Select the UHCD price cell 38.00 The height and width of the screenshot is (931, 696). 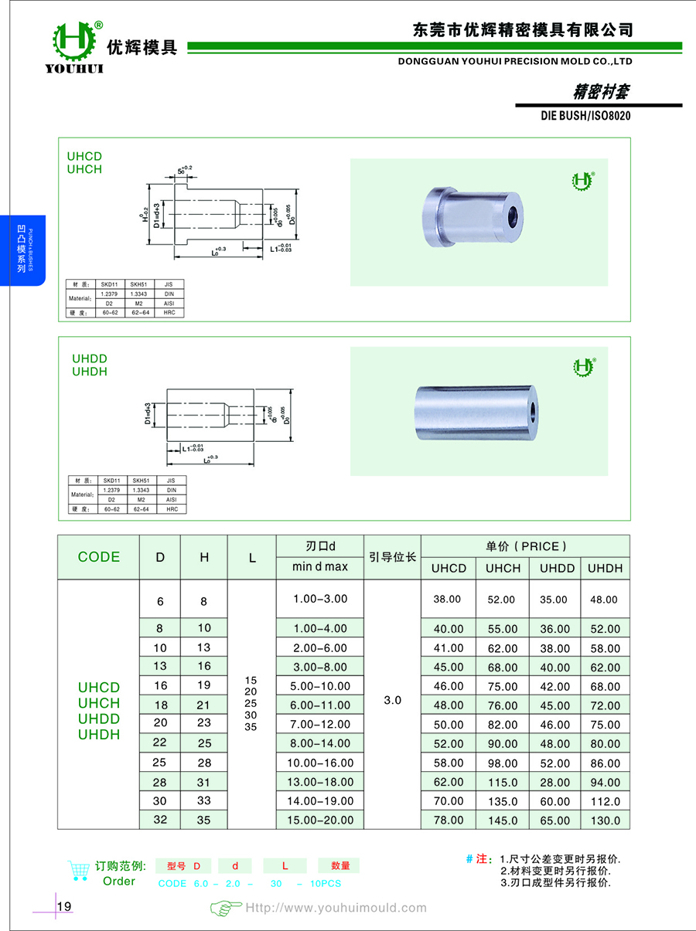pyautogui.click(x=449, y=599)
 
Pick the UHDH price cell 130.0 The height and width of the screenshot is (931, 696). pyautogui.click(x=604, y=821)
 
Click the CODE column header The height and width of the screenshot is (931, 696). pyautogui.click(x=99, y=557)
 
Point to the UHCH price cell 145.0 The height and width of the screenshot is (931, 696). pyautogui.click(x=502, y=821)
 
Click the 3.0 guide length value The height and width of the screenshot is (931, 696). pyautogui.click(x=392, y=700)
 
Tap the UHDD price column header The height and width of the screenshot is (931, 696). pyautogui.click(x=554, y=568)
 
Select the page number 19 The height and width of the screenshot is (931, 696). pyautogui.click(x=64, y=906)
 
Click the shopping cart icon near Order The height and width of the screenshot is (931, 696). pyautogui.click(x=77, y=871)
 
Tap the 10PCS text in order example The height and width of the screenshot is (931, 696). pyautogui.click(x=325, y=884)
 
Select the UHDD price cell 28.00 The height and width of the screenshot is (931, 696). pyautogui.click(x=554, y=782)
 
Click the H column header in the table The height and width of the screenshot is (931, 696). pyautogui.click(x=204, y=557)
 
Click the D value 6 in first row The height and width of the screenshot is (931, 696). pyautogui.click(x=160, y=600)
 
